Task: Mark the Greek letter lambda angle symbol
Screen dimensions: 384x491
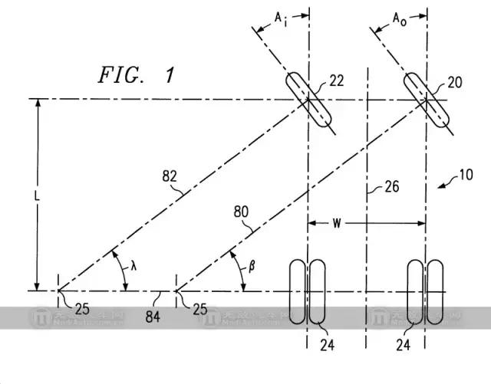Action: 133,266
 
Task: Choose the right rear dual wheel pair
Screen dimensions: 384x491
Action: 426,290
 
